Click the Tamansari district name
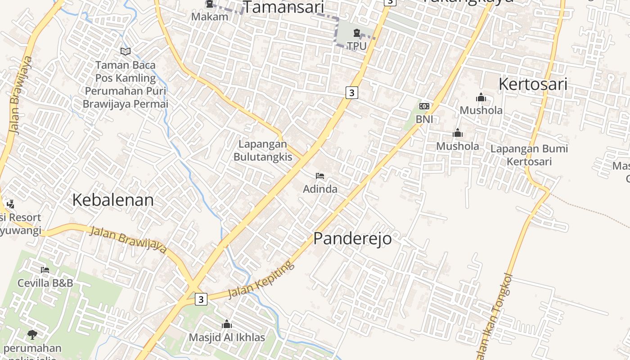coord(283,8)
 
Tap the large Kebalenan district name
coord(113,200)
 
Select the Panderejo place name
coord(352,238)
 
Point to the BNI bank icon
coord(424,106)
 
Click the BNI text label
coord(424,119)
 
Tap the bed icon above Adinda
coord(320,176)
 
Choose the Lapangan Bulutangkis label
coord(262,150)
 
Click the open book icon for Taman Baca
coord(126,52)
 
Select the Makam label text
coord(210,17)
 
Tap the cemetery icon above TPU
coord(356,33)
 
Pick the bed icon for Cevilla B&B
coord(45,270)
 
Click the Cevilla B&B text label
coord(45,283)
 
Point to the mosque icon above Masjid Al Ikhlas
coord(227,324)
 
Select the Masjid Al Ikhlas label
coord(227,337)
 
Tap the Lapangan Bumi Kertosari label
coord(529,155)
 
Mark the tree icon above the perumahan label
coord(32,334)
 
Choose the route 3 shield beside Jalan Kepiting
coord(201,299)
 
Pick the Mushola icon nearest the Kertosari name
coord(481,97)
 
